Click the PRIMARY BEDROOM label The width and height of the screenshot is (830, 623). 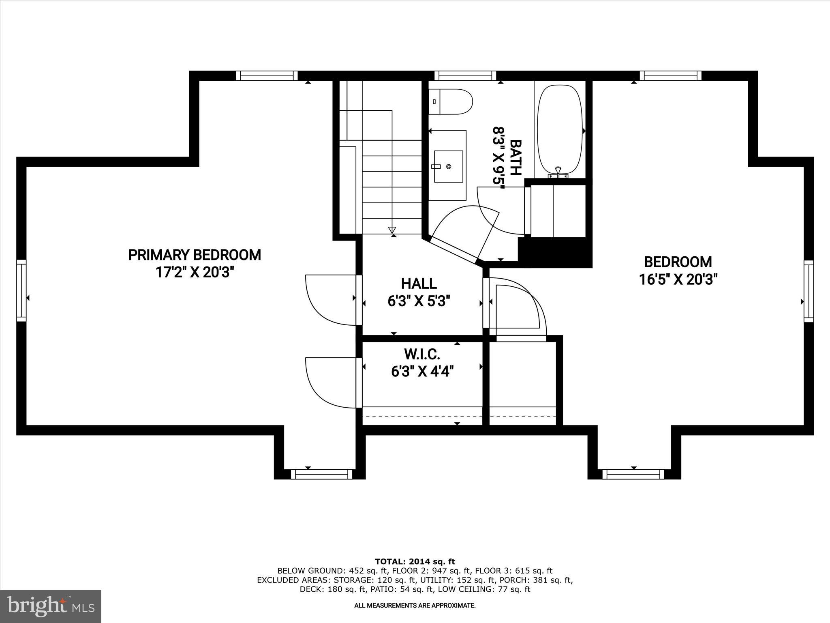click(195, 255)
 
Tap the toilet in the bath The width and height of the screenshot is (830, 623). click(451, 101)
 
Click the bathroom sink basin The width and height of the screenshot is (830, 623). click(448, 167)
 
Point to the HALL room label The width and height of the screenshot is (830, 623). click(419, 284)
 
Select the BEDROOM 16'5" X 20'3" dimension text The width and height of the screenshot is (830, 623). click(678, 280)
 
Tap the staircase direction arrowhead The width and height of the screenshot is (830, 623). click(392, 230)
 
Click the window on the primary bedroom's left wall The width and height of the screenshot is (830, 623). click(21, 291)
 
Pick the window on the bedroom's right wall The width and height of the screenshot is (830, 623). click(809, 291)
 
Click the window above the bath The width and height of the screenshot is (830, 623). click(465, 76)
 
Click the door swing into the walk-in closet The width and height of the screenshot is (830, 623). click(330, 382)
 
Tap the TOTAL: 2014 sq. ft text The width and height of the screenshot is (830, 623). click(415, 562)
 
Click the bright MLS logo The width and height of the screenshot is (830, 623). click(51, 606)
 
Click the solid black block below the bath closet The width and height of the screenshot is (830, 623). click(555, 252)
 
